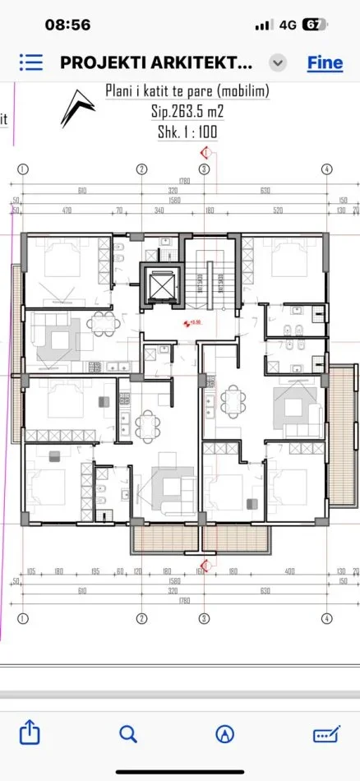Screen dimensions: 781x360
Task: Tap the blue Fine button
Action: click(x=325, y=62)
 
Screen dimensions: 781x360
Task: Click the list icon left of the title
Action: click(x=30, y=62)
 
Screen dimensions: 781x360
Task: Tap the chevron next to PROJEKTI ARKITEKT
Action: click(x=279, y=63)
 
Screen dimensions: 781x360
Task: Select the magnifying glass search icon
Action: click(x=127, y=733)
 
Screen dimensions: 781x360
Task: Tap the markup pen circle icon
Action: click(x=224, y=733)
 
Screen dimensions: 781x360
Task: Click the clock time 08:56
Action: click(x=67, y=25)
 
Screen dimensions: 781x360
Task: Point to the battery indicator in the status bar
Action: click(x=313, y=25)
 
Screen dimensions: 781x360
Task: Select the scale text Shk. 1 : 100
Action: click(x=187, y=132)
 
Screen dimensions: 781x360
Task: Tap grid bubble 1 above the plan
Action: click(x=23, y=169)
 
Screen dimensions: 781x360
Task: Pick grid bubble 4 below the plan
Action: click(x=326, y=617)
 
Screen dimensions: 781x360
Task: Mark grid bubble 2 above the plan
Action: click(x=141, y=169)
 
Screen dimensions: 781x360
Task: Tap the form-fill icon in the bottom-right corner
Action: click(x=325, y=733)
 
